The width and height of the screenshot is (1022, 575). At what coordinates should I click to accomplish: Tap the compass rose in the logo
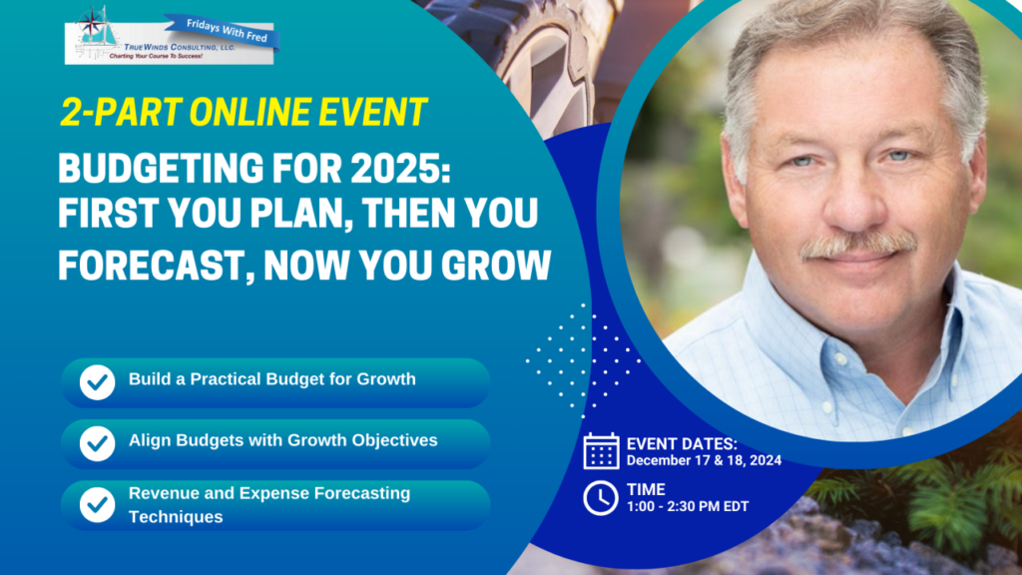91,23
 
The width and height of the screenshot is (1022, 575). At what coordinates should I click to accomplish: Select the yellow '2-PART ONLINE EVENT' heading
244,112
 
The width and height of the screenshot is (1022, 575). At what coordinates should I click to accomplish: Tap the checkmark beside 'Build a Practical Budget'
97,382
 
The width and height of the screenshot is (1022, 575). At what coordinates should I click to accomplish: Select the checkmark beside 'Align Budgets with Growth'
97,443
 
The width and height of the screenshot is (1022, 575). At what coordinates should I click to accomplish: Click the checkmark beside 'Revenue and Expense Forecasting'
97,504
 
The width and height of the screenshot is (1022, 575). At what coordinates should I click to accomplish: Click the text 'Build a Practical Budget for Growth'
271,378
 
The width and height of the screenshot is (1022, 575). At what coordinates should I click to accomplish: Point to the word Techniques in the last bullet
176,517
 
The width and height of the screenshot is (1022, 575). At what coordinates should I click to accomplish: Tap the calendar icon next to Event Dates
601,450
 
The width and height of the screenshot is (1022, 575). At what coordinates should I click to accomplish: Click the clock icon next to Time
600,498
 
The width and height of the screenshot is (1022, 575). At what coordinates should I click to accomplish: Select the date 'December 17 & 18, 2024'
704,461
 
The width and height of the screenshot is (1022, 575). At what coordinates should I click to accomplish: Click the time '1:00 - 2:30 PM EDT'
688,506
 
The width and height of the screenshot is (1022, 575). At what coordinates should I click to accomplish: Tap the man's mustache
857,245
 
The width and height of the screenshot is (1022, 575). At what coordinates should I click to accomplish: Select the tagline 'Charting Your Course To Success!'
156,57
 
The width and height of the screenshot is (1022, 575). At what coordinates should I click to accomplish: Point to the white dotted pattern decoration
583,360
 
